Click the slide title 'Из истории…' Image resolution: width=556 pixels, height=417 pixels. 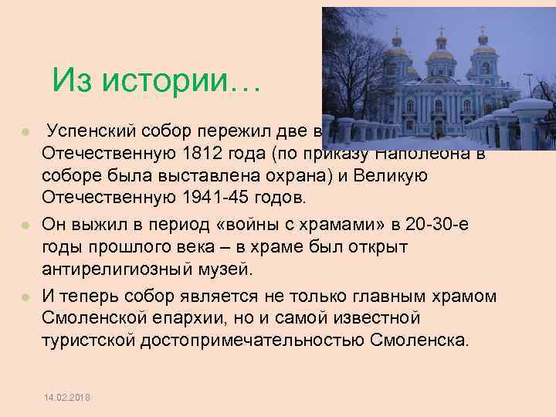pyautogui.click(x=158, y=80)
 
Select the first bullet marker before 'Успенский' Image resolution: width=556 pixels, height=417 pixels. pyautogui.click(x=25, y=127)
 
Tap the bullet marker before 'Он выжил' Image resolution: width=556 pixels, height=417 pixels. pyautogui.click(x=25, y=225)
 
